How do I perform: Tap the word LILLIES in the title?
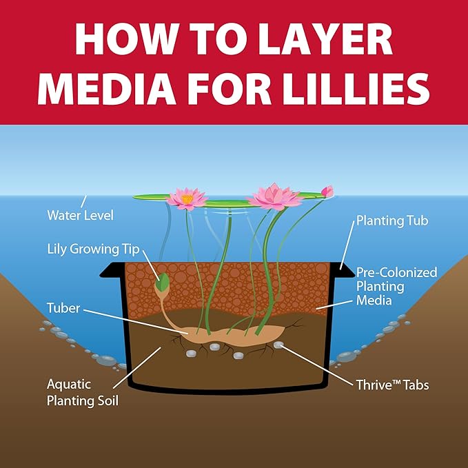tap(356, 89)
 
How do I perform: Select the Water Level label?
tap(80, 215)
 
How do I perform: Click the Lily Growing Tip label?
tap(94, 250)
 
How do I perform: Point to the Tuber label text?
tap(63, 308)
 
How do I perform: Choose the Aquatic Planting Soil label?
tap(83, 392)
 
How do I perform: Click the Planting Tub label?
tap(392, 221)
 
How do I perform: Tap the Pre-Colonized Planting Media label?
tap(397, 286)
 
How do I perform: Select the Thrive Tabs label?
tap(392, 385)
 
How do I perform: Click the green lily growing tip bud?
tap(163, 283)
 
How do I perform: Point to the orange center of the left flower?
tap(187, 199)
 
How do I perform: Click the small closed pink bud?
tap(327, 192)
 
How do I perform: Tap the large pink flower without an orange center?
tap(274, 197)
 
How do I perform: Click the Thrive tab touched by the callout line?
tap(278, 345)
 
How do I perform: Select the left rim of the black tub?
tap(112, 270)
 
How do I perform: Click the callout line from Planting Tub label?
tap(347, 245)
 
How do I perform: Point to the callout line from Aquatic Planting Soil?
tap(137, 368)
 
